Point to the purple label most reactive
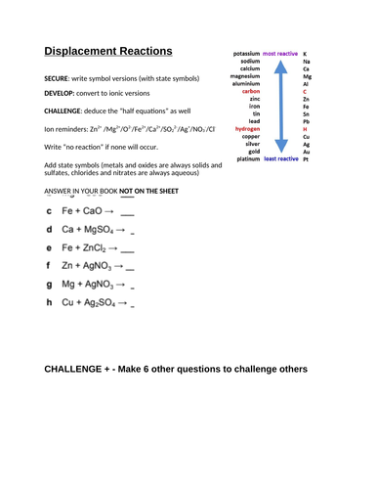coord(282,53)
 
